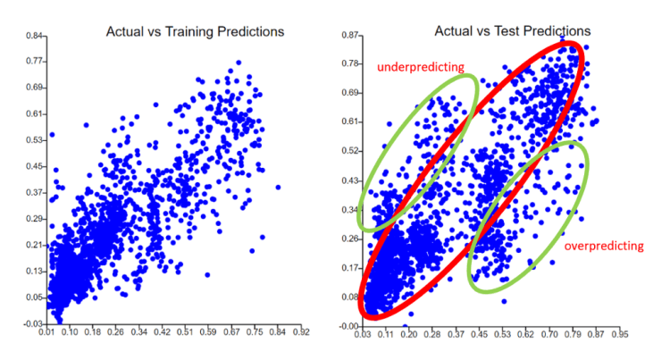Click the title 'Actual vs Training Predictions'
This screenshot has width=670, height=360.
pyautogui.click(x=195, y=31)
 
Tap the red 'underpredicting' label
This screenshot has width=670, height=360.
pyautogui.click(x=420, y=67)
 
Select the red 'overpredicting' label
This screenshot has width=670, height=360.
pyautogui.click(x=604, y=245)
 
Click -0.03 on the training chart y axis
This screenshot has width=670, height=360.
pyautogui.click(x=35, y=322)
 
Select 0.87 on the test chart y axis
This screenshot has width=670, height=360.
pyautogui.click(x=350, y=36)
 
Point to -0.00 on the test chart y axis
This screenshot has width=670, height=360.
pyautogui.click(x=348, y=326)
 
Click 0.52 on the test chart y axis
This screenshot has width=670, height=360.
pyautogui.click(x=350, y=151)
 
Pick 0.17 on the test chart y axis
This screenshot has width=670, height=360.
pyautogui.click(x=350, y=267)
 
